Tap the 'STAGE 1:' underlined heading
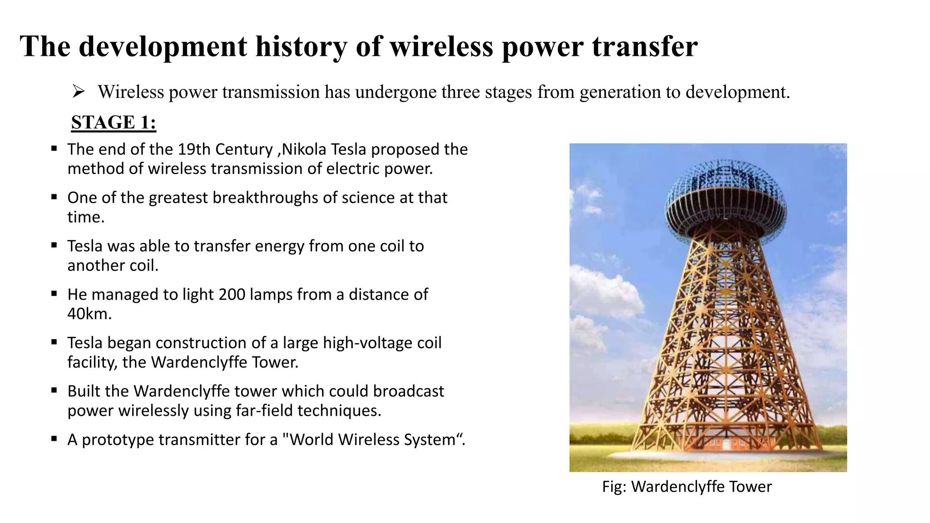pos(114,123)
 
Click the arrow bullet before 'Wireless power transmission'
pos(79,92)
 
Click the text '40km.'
pos(89,314)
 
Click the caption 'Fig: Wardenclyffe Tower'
pos(687,487)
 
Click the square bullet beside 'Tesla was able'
pos(54,245)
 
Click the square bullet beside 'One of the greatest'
pos(54,197)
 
